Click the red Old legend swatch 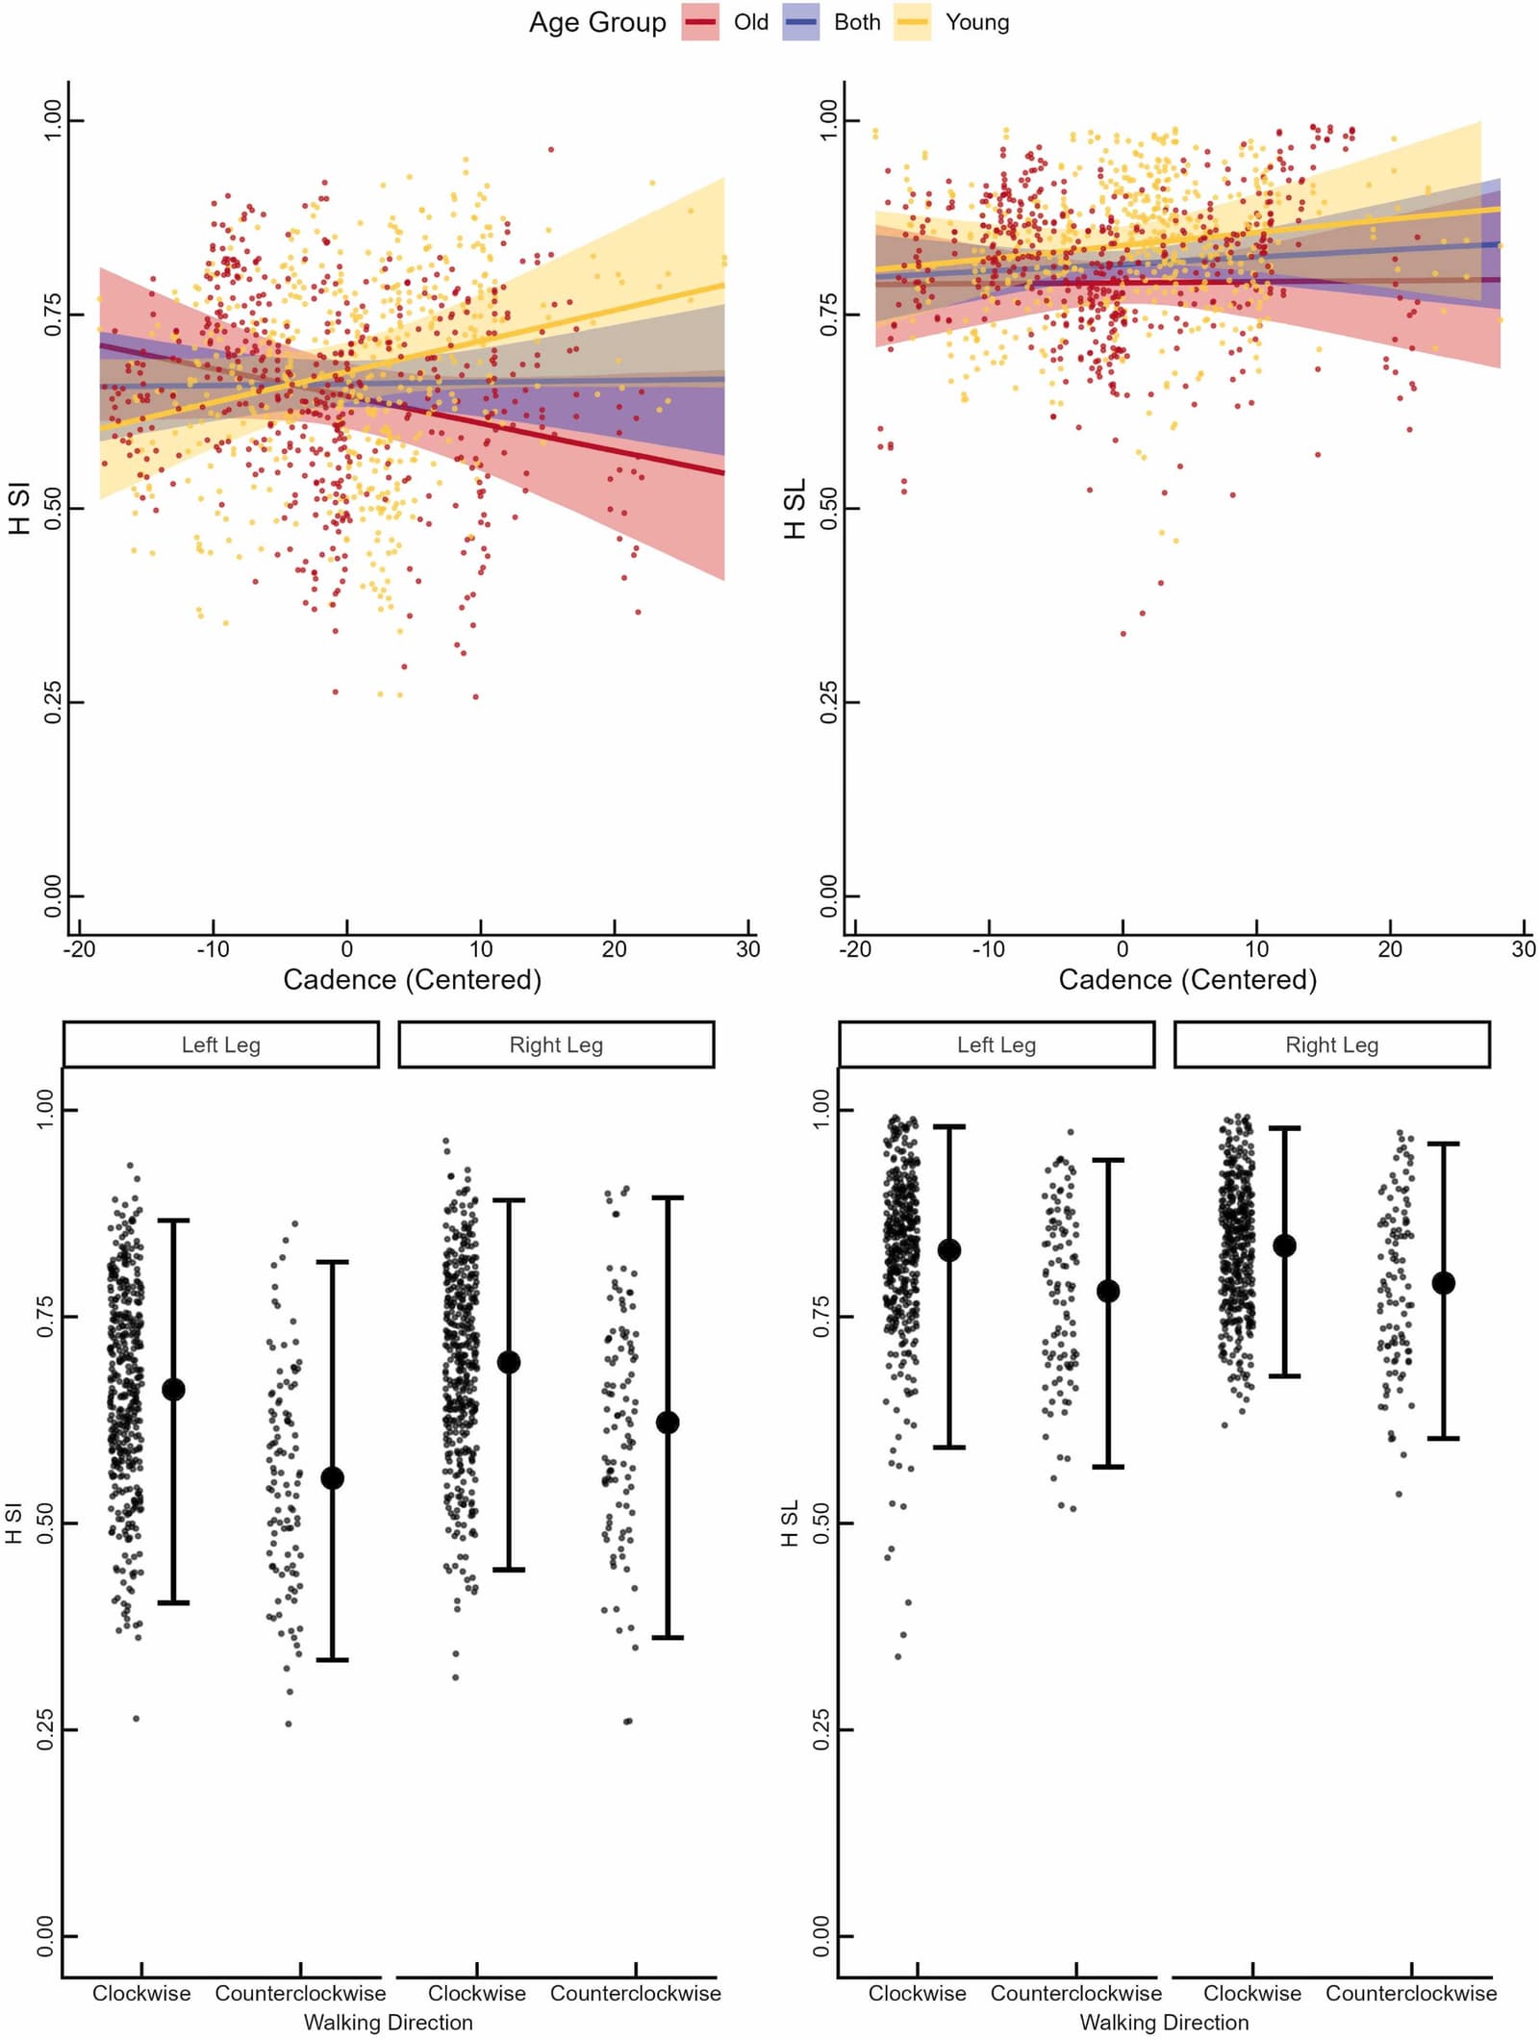(700, 22)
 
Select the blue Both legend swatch (801, 22)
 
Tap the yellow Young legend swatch (912, 22)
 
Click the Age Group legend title (597, 22)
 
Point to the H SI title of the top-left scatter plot (19, 508)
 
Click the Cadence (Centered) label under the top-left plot (413, 979)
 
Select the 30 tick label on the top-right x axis (1524, 948)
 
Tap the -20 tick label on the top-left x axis (79, 948)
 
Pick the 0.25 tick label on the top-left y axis (53, 702)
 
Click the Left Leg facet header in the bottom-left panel (221, 1045)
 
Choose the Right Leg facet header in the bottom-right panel (1332, 1045)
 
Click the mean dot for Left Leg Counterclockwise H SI (332, 1478)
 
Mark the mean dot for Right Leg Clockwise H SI (509, 1362)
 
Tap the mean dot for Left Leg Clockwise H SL (949, 1250)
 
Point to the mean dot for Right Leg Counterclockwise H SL (1443, 1283)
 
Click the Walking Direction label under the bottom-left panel (389, 2022)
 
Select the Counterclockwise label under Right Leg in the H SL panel (1411, 1993)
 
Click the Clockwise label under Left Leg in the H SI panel (141, 1993)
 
